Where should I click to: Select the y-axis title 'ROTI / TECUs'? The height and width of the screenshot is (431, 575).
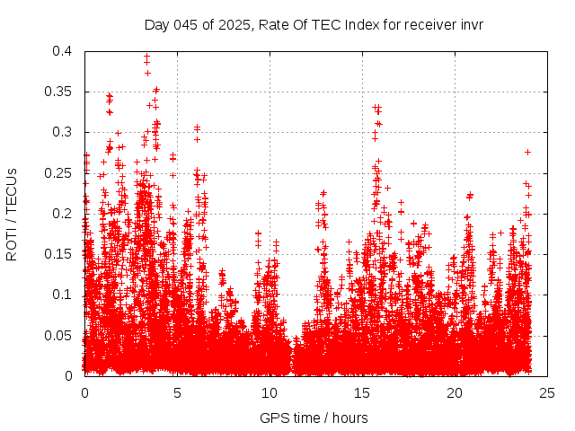pyautogui.click(x=12, y=214)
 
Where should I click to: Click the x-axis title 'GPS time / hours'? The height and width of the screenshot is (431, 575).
pyautogui.click(x=314, y=418)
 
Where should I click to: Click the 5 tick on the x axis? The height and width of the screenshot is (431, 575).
pyautogui.click(x=177, y=392)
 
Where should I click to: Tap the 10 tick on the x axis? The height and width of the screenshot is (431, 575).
pyautogui.click(x=270, y=392)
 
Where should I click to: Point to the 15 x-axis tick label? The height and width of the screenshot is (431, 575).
pyautogui.click(x=362, y=392)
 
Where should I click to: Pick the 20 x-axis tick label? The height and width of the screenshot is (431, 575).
pyautogui.click(x=455, y=392)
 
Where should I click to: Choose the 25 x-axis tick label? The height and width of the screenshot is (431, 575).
pyautogui.click(x=547, y=392)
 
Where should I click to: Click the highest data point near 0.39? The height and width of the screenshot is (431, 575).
pyautogui.click(x=146, y=57)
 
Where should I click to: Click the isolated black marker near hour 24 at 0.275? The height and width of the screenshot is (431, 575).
pyautogui.click(x=527, y=152)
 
